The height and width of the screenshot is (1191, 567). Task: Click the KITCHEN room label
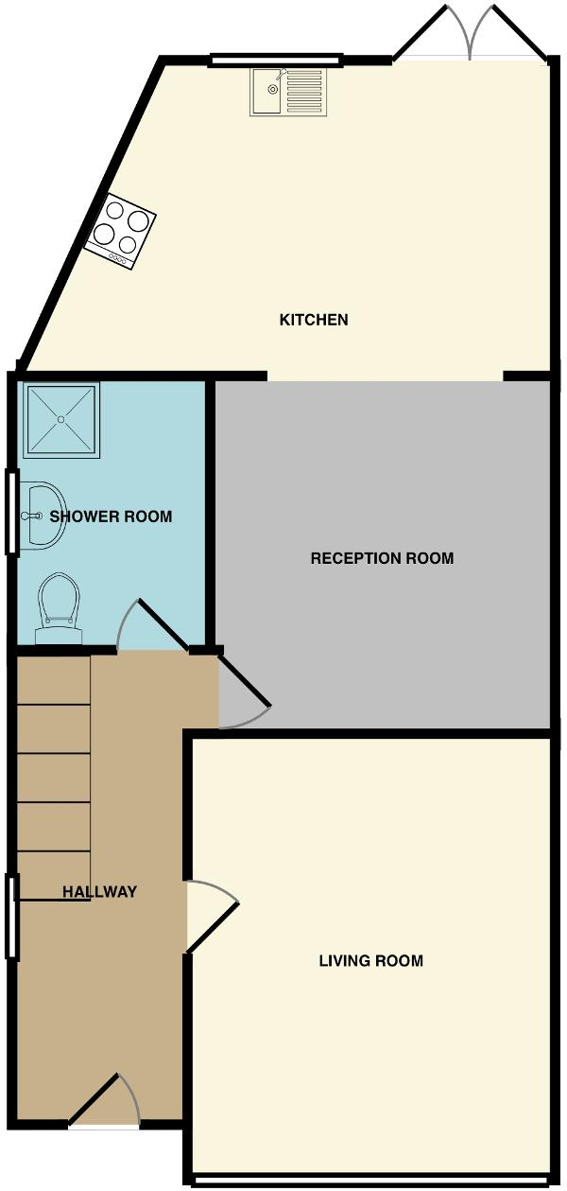pyautogui.click(x=314, y=320)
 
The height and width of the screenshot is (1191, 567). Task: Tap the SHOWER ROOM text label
pyautogui.click(x=111, y=517)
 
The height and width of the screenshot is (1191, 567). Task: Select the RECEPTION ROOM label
pyautogui.click(x=382, y=558)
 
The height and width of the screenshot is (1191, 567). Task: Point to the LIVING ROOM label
pyautogui.click(x=370, y=961)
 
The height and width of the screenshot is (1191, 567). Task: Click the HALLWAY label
pyautogui.click(x=99, y=891)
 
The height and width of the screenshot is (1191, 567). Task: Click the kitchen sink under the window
pyautogui.click(x=288, y=92)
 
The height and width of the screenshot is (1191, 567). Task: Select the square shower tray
pyautogui.click(x=60, y=420)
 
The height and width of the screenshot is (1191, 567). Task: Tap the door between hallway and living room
pyautogui.click(x=212, y=914)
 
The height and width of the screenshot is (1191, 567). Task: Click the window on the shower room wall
pyautogui.click(x=11, y=512)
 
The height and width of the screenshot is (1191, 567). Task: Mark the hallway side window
pyautogui.click(x=11, y=918)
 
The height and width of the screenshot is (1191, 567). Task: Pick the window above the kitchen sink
pyautogui.click(x=275, y=61)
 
